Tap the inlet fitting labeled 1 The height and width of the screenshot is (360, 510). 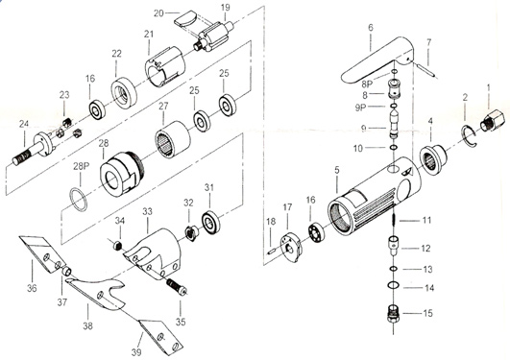pyautogui.click(x=495, y=120)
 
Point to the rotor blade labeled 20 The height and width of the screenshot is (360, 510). pyautogui.click(x=185, y=19)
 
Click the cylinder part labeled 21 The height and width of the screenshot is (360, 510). pyautogui.click(x=165, y=66)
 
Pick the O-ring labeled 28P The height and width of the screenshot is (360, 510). pyautogui.click(x=79, y=199)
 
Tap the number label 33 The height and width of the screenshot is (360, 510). pyautogui.click(x=147, y=212)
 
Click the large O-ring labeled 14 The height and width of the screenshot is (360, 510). pyautogui.click(x=393, y=285)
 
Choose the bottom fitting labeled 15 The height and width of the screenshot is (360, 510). pyautogui.click(x=394, y=313)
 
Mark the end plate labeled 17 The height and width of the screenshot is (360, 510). pyautogui.click(x=291, y=247)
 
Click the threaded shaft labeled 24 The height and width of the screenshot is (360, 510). pyautogui.click(x=33, y=148)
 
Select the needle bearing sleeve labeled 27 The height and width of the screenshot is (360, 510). pyautogui.click(x=172, y=139)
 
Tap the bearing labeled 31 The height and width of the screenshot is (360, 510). pyautogui.click(x=210, y=223)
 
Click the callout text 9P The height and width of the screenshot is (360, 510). pyautogui.click(x=361, y=108)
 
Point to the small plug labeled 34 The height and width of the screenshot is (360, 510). pyautogui.click(x=118, y=246)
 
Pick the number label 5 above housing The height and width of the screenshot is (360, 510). pyautogui.click(x=337, y=169)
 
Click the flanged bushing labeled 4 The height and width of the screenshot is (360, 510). pyautogui.click(x=433, y=159)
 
